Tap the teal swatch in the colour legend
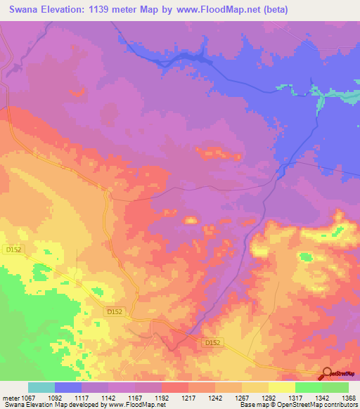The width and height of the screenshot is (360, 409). (41, 387)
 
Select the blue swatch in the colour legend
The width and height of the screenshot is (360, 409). (68, 387)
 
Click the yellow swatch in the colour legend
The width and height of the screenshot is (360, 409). (282, 387)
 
